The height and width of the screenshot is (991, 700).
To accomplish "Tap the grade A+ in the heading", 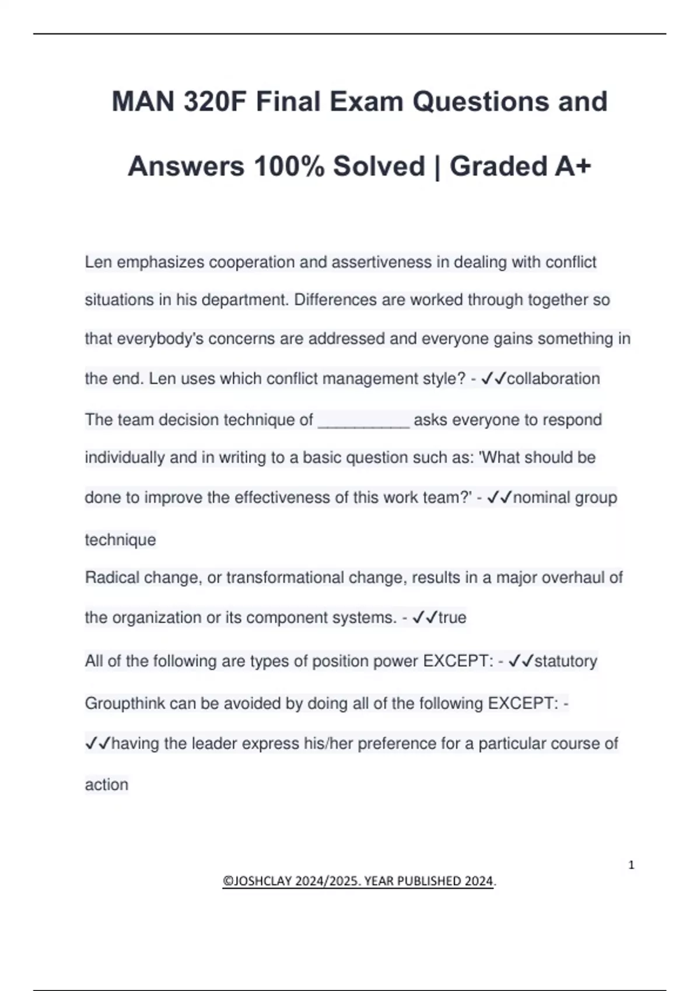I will [572, 167].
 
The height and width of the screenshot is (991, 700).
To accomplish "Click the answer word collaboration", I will [553, 379].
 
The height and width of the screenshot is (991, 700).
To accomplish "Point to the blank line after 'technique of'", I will [363, 421].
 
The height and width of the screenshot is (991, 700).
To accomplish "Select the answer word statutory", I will [566, 661].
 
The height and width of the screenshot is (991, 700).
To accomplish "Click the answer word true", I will [453, 618].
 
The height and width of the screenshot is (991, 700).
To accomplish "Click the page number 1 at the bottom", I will [631, 865].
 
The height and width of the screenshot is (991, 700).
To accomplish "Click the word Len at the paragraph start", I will [98, 262].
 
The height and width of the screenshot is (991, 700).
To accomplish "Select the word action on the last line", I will [107, 785].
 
